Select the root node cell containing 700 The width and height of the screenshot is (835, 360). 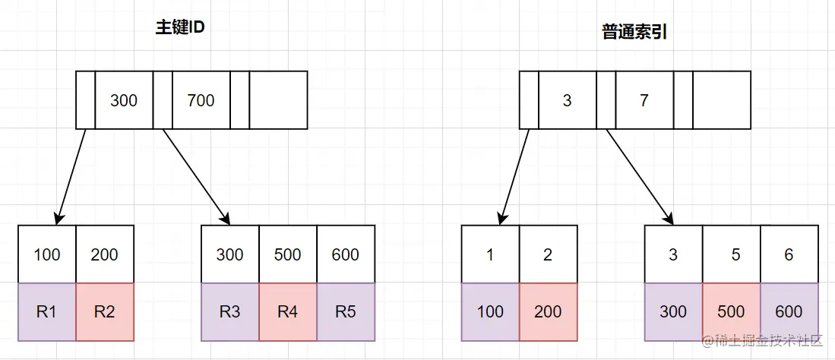201,100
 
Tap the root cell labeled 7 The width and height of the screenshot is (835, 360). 644,100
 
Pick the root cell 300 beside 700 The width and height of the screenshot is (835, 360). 124,100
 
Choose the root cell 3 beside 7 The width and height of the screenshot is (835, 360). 568,100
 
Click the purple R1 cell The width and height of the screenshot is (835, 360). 47,311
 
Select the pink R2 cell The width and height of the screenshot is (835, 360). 105,311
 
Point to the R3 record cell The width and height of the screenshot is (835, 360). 229,311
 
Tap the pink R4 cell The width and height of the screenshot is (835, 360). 288,311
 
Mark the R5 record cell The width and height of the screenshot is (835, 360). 346,311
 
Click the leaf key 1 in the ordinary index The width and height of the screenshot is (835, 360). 490,254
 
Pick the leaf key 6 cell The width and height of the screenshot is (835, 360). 789,254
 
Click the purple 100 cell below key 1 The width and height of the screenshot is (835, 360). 490,311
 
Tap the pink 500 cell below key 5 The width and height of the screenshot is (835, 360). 731,311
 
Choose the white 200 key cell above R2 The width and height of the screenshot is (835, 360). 105,254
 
